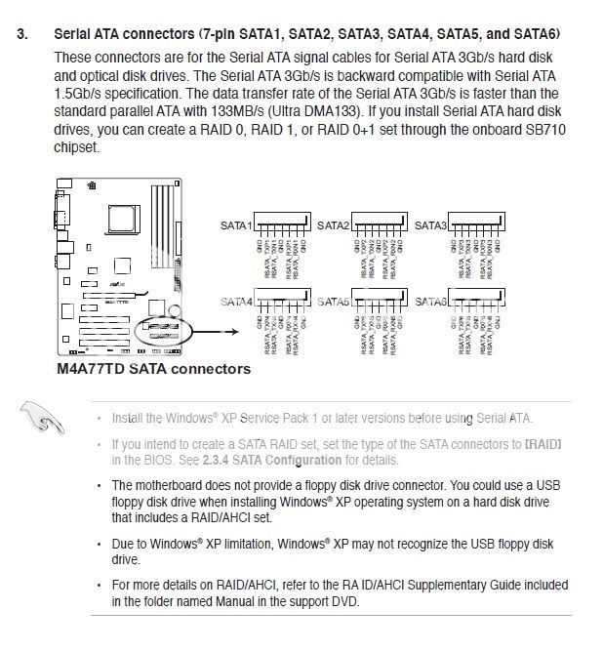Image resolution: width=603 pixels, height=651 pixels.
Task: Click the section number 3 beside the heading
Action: coord(20,34)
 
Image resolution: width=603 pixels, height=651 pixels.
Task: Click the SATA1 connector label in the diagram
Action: coord(235,225)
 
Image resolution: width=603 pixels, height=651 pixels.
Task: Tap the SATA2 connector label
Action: coord(335,225)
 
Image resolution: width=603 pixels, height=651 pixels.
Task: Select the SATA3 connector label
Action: coord(430,225)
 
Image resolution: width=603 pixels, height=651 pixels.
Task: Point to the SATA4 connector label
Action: coord(236,302)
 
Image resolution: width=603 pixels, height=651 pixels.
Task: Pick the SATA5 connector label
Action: coord(335,302)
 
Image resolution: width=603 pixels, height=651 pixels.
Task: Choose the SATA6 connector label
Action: coord(431,302)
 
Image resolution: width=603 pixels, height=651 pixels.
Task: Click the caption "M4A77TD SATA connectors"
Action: coord(153,369)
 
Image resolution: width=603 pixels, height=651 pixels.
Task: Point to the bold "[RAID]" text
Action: coord(543,444)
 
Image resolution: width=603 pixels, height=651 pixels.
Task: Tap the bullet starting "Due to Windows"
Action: coord(99,544)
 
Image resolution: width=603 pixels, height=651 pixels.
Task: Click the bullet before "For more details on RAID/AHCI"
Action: coord(99,585)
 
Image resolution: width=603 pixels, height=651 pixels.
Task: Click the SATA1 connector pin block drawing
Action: coord(284,224)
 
